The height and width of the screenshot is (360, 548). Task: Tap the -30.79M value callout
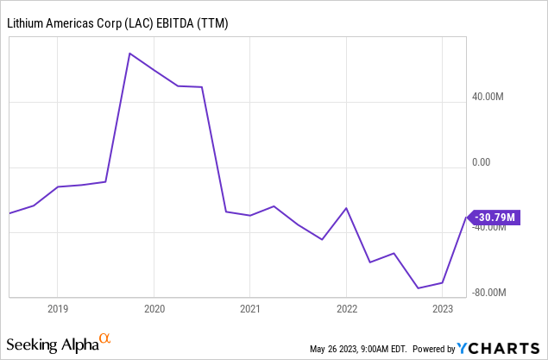coord(494,217)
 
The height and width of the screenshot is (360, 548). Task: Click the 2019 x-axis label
coord(57,309)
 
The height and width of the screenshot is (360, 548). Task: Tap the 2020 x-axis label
coord(154,309)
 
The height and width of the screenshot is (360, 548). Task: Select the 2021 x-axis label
coord(249,309)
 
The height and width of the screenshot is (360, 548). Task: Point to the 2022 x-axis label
coord(346,309)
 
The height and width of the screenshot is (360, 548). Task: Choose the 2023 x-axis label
coord(442,309)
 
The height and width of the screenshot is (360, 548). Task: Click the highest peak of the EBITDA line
coord(129,54)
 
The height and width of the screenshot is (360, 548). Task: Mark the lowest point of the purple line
coord(419,288)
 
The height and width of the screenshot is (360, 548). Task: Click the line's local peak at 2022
coord(346,208)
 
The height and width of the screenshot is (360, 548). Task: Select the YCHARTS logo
coord(500,348)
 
